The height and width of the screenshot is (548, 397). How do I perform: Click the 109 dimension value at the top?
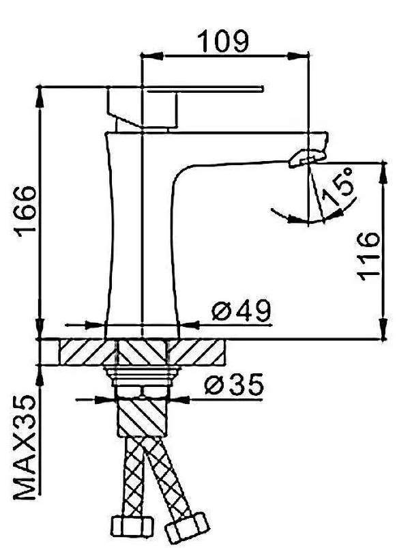tap(222, 42)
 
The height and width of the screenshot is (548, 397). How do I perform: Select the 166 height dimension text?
tap(25, 211)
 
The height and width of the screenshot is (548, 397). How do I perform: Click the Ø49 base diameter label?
tap(239, 311)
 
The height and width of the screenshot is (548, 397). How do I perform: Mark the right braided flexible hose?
tap(167, 478)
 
